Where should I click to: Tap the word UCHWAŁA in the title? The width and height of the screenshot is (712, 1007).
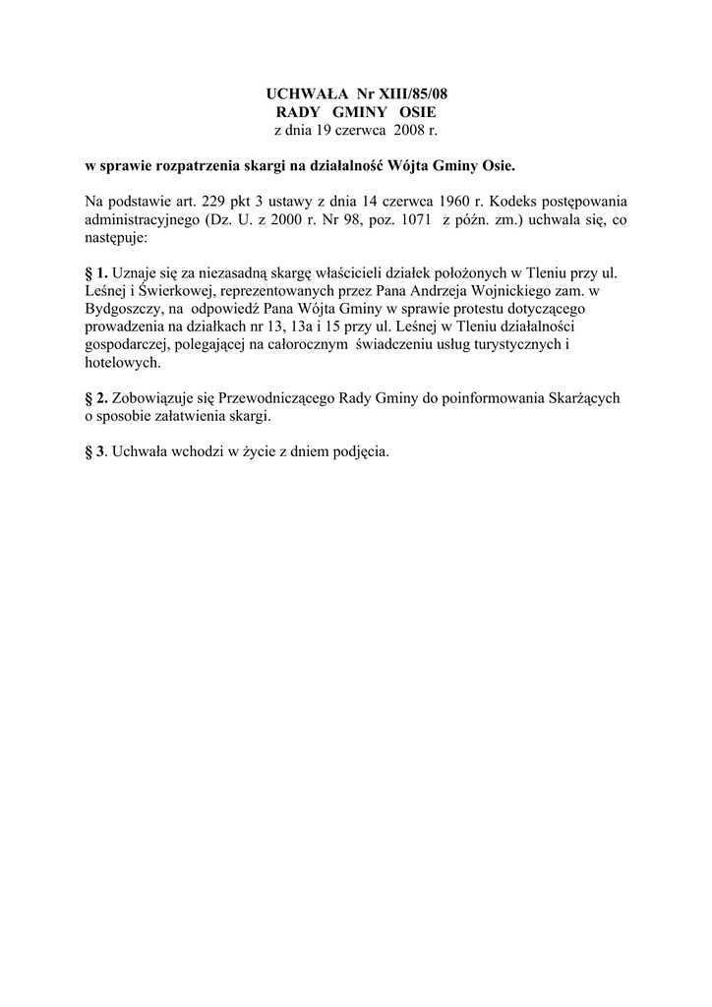pyautogui.click(x=301, y=93)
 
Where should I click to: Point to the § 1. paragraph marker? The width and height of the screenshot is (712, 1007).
pyautogui.click(x=96, y=272)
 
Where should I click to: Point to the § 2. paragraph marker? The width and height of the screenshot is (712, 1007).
pyautogui.click(x=96, y=398)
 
